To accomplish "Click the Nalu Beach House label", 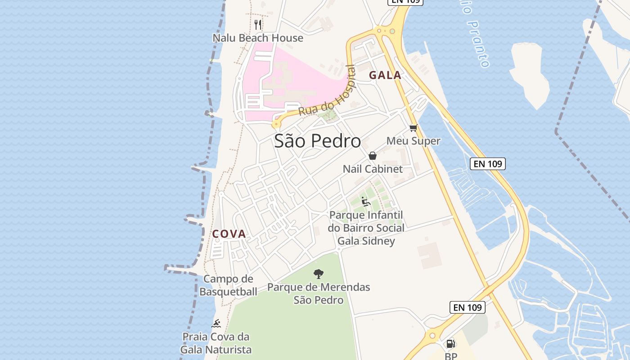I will pyautogui.click(x=258, y=38).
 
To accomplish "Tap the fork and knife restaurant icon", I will pyautogui.click(x=258, y=24).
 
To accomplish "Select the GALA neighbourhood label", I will pyautogui.click(x=385, y=76).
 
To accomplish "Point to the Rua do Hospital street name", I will pyautogui.click(x=327, y=92).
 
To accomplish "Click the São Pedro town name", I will pyautogui.click(x=317, y=141).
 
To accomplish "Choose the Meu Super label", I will pyautogui.click(x=413, y=141).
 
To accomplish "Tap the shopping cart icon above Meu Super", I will pyautogui.click(x=413, y=128).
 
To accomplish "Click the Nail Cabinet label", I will pyautogui.click(x=373, y=169).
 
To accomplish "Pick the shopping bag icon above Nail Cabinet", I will pyautogui.click(x=373, y=156).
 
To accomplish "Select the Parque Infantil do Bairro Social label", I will pyautogui.click(x=366, y=221).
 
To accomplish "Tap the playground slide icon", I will pyautogui.click(x=365, y=202).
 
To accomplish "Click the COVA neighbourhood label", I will pyautogui.click(x=229, y=234).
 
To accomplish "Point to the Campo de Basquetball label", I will pyautogui.click(x=228, y=285).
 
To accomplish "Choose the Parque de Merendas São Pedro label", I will pyautogui.click(x=319, y=293).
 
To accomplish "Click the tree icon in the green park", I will pyautogui.click(x=319, y=274).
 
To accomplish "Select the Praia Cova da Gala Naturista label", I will pyautogui.click(x=216, y=343).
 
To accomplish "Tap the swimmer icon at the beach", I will pyautogui.click(x=216, y=324).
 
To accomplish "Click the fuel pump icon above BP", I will pyautogui.click(x=450, y=344).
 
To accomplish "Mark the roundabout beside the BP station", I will pyautogui.click(x=432, y=335).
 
